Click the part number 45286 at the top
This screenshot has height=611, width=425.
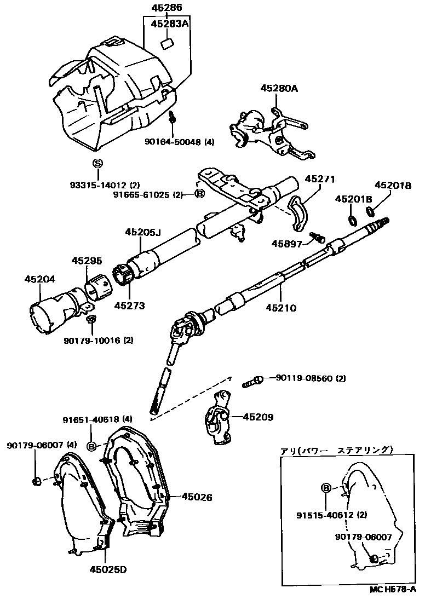pyautogui.click(x=166, y=8)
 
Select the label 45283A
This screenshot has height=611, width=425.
pyautogui.click(x=169, y=24)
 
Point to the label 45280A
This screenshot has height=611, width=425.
pyautogui.click(x=279, y=89)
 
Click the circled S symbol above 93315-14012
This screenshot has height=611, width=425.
pyautogui.click(x=97, y=163)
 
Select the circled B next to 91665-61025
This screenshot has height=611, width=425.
pyautogui.click(x=200, y=194)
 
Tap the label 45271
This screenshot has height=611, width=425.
pyautogui.click(x=320, y=179)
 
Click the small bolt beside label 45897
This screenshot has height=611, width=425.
pyautogui.click(x=317, y=237)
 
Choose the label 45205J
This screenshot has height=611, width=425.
pyautogui.click(x=143, y=232)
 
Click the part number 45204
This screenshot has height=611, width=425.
pyautogui.click(x=40, y=279)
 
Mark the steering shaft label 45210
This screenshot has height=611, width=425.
pyautogui.click(x=282, y=308)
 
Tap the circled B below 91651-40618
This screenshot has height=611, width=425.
pyautogui.click(x=92, y=447)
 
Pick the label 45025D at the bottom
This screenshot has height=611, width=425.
pyautogui.click(x=108, y=570)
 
